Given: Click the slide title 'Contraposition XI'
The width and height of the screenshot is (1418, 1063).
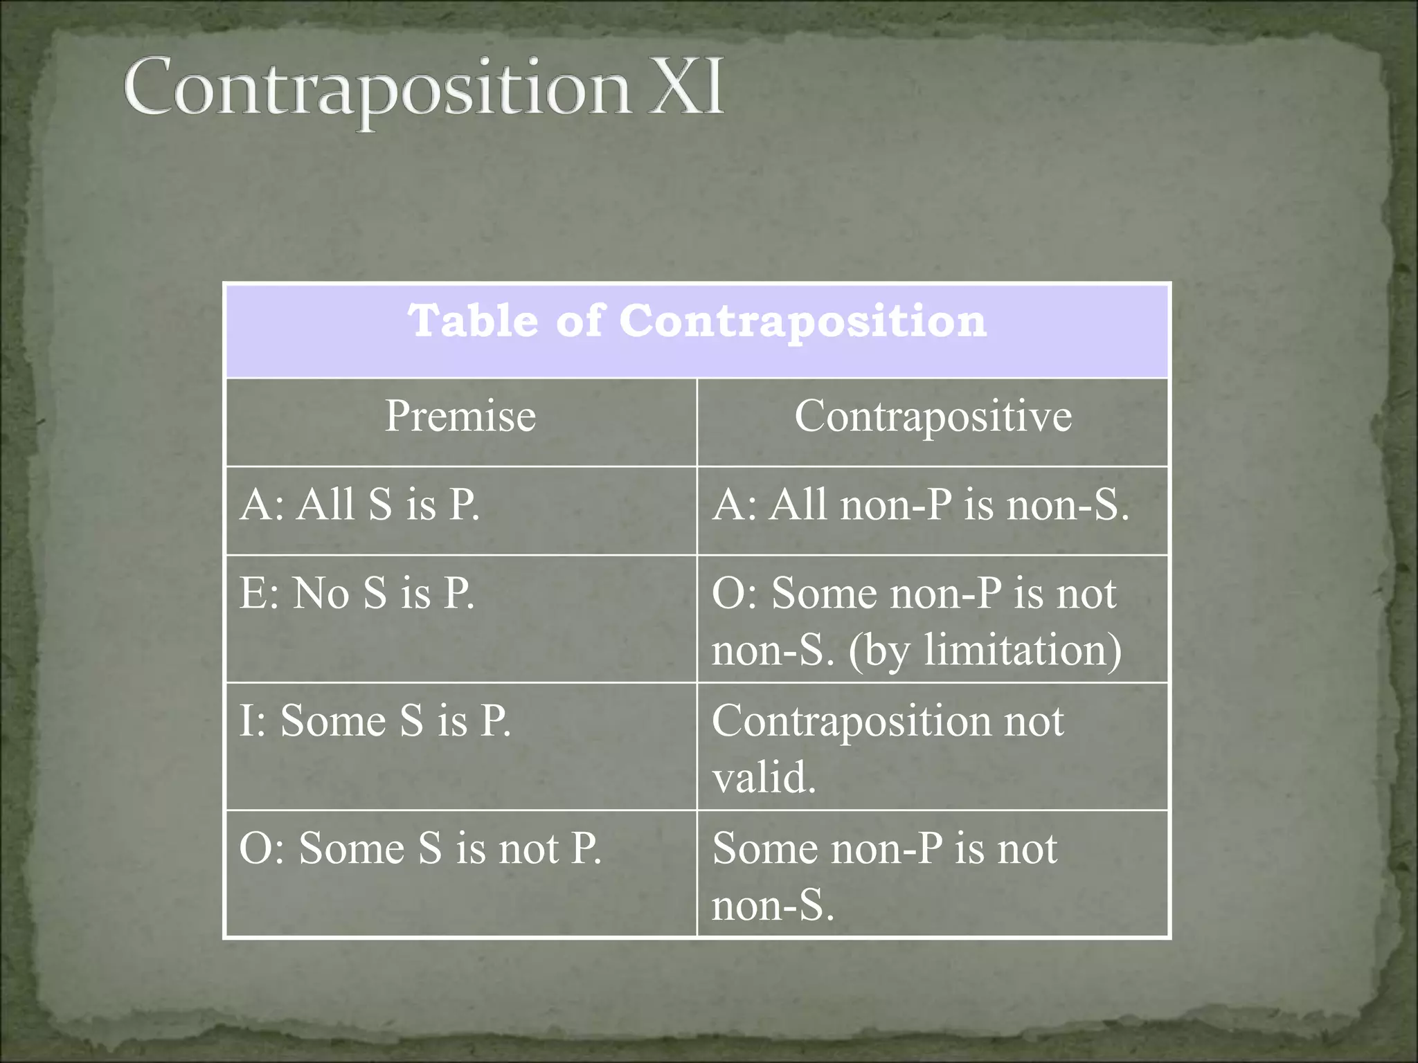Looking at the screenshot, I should pyautogui.click(x=424, y=89).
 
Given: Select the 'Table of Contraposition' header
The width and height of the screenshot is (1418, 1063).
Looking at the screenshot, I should pyautogui.click(x=697, y=321).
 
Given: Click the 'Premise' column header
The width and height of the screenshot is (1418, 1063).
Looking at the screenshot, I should pyautogui.click(x=460, y=416).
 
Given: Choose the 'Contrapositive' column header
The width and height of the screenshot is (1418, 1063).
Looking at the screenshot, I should pyautogui.click(x=933, y=416).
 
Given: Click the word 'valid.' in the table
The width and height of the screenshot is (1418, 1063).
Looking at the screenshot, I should pyautogui.click(x=764, y=777).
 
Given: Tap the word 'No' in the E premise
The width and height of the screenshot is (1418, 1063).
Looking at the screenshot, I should pyautogui.click(x=321, y=593).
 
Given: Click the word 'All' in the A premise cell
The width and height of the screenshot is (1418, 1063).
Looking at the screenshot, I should pyautogui.click(x=325, y=504).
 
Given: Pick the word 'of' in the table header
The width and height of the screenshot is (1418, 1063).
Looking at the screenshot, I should pyautogui.click(x=578, y=321).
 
